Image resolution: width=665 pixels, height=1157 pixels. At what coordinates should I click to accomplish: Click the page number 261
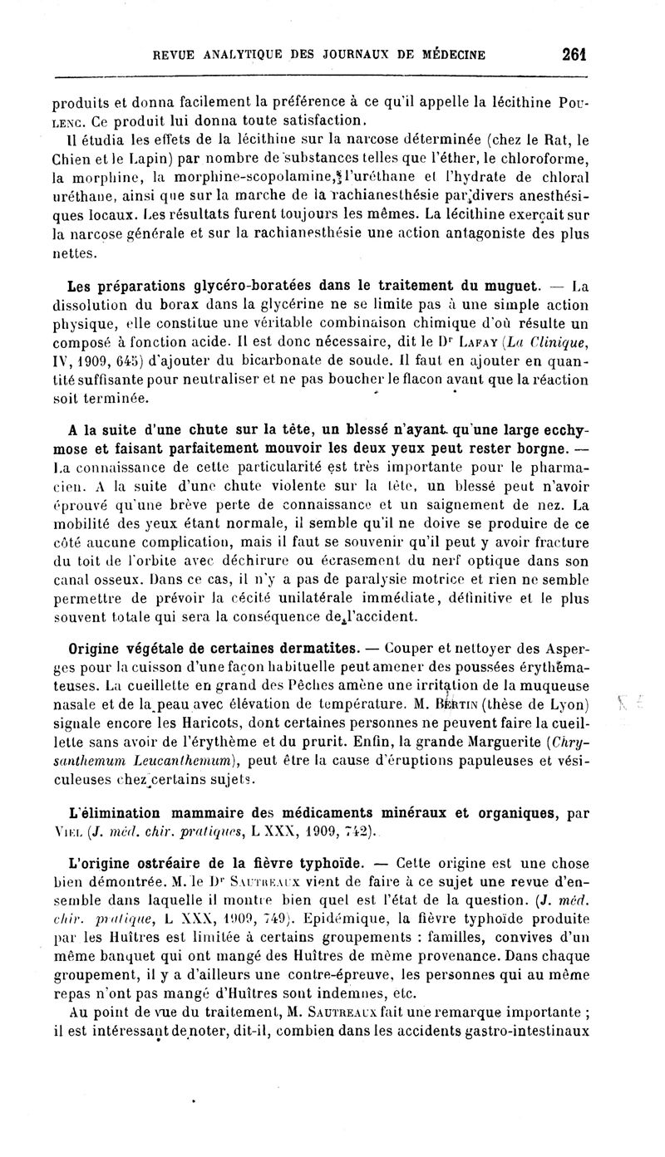click(x=574, y=55)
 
